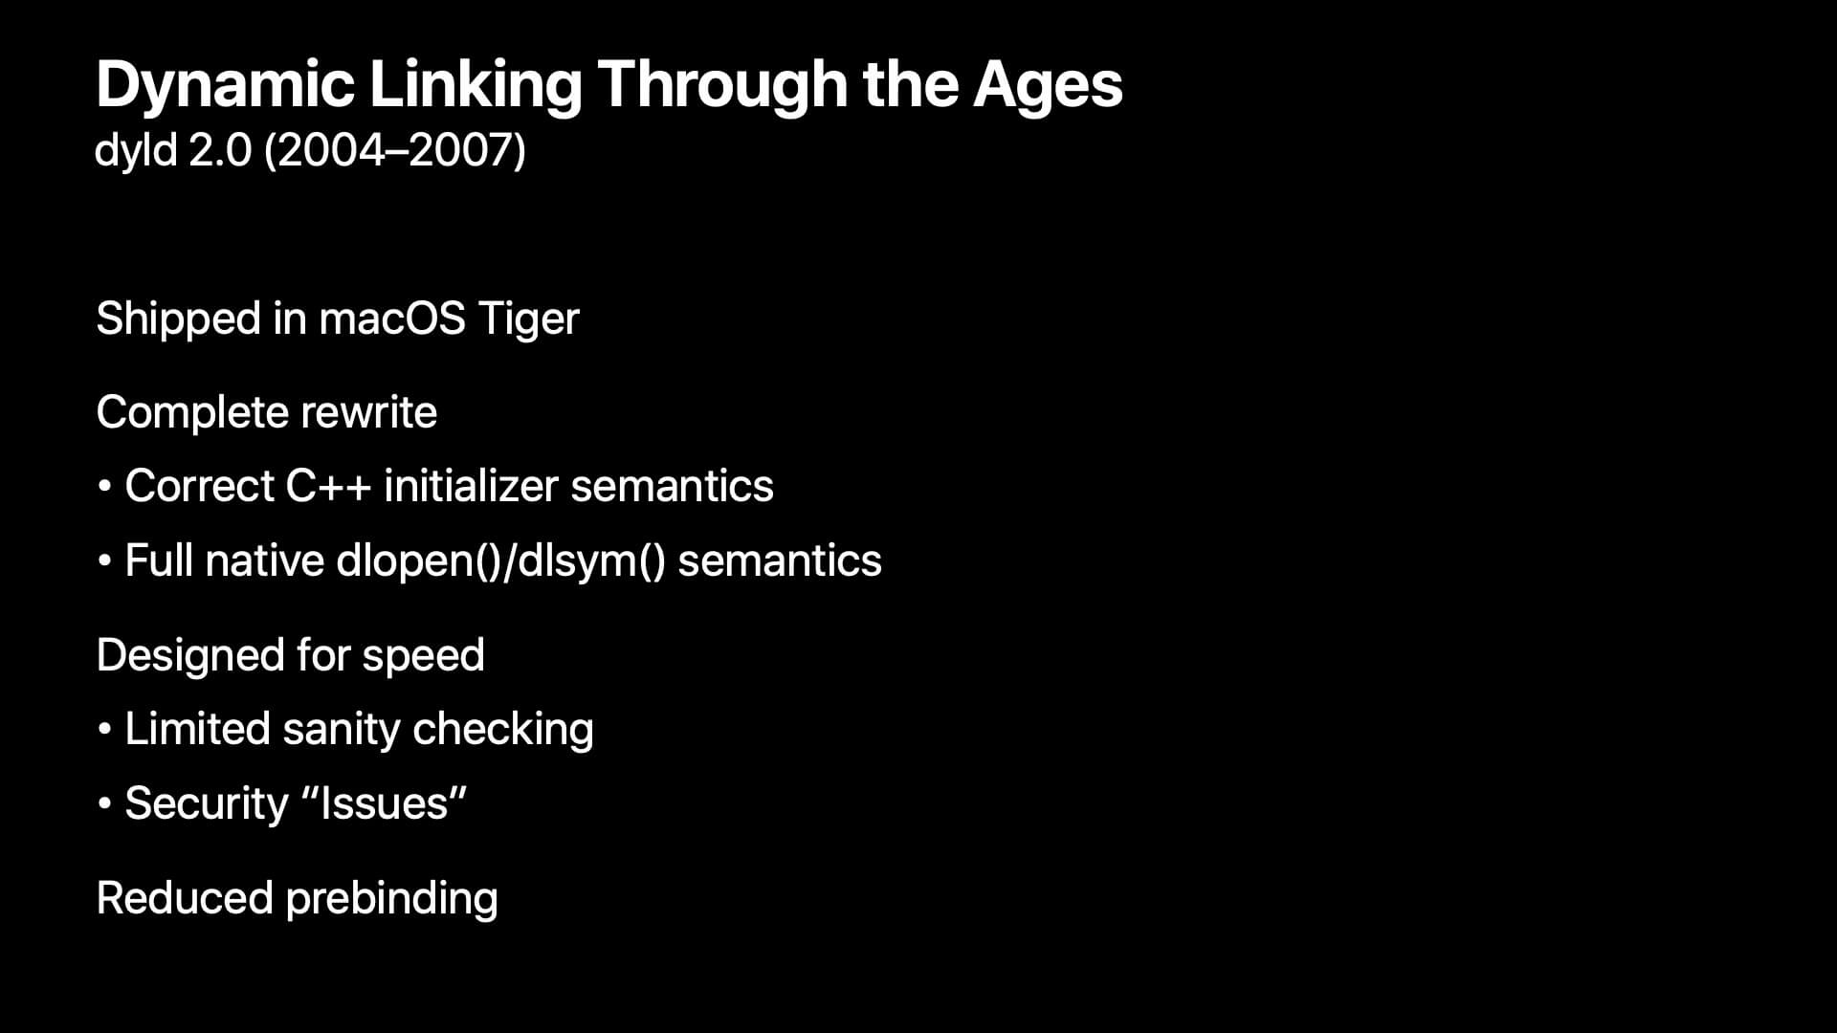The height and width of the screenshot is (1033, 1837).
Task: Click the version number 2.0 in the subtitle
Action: click(x=220, y=150)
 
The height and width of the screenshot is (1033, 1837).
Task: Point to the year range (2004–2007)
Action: click(x=394, y=151)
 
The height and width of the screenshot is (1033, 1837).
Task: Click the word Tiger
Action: click(x=528, y=319)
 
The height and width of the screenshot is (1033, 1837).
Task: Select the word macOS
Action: click(x=392, y=319)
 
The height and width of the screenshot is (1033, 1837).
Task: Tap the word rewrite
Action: click(x=368, y=413)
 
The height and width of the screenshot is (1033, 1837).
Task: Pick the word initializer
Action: click(x=471, y=486)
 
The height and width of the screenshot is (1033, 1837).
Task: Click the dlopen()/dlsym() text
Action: click(x=500, y=561)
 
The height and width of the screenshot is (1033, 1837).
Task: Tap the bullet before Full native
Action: click(x=104, y=561)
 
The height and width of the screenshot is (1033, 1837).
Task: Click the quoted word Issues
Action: click(x=384, y=803)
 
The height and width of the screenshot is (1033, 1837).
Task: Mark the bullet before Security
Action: click(x=104, y=804)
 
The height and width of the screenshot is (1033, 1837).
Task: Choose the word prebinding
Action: click(x=392, y=899)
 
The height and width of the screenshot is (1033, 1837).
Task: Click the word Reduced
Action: click(x=185, y=898)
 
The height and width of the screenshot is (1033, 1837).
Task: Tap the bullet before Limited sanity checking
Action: click(x=104, y=731)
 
